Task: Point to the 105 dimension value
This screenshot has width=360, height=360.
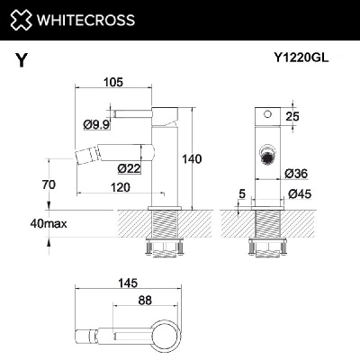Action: tap(112, 83)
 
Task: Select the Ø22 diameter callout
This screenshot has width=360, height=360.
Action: tap(130, 166)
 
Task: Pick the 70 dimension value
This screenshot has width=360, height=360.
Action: tap(49, 184)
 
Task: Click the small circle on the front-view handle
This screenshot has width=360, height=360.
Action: tap(265, 115)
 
